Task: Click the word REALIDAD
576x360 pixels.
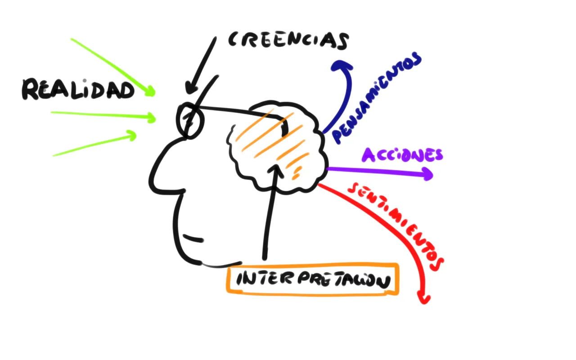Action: (78, 89)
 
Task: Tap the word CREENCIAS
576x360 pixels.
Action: (289, 40)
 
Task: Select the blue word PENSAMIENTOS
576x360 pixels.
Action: (377, 98)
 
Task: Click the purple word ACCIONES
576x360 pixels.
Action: (402, 155)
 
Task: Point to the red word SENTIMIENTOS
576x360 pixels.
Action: (396, 226)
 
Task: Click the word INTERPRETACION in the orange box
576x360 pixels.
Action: (313, 279)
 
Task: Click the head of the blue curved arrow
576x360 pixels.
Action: (342, 64)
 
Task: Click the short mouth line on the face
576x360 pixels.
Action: (193, 238)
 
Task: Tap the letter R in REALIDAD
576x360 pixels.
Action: (30, 89)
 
